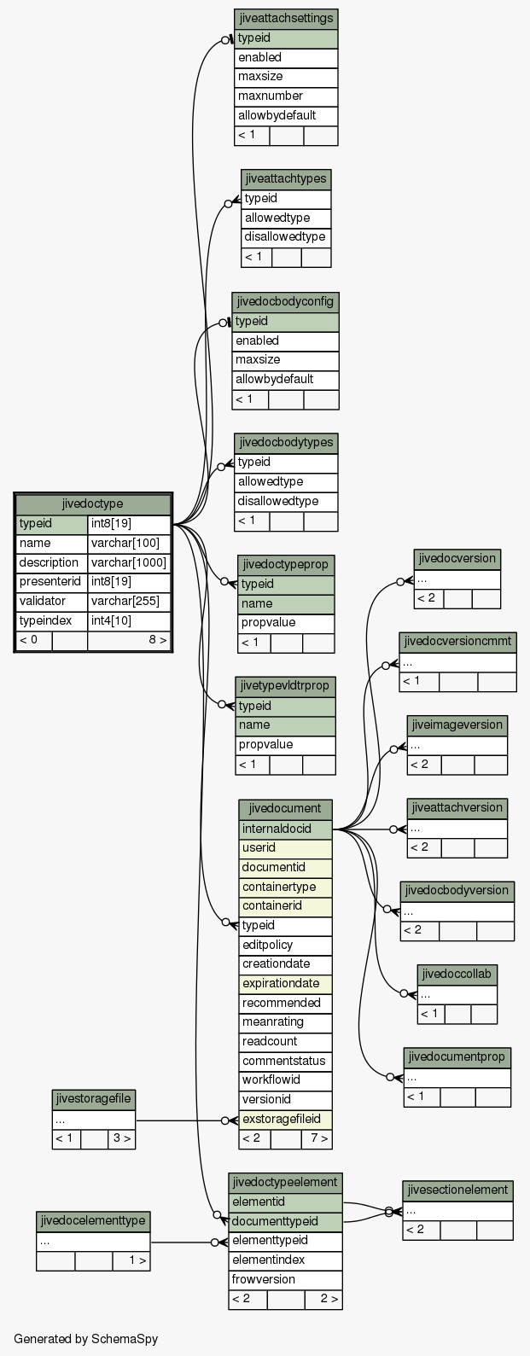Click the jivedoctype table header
tap(93, 503)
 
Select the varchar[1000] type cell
tap(128, 562)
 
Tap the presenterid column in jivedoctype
tap(51, 582)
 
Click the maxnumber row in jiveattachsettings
tap(286, 96)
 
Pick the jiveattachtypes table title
tap(286, 179)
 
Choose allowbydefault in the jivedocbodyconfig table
tap(285, 380)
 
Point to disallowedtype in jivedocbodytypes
tap(286, 501)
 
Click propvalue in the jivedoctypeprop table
tap(286, 623)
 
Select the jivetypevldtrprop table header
tap(285, 686)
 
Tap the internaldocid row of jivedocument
tap(285, 829)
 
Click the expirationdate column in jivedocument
tap(285, 983)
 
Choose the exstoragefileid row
tap(285, 1119)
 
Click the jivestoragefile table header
tap(94, 1099)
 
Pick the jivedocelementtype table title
tap(93, 1221)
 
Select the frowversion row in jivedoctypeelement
tap(285, 1279)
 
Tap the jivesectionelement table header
tap(458, 1190)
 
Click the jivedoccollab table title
tap(457, 974)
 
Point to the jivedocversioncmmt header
tap(458, 642)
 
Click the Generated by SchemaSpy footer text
tap(85, 1338)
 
